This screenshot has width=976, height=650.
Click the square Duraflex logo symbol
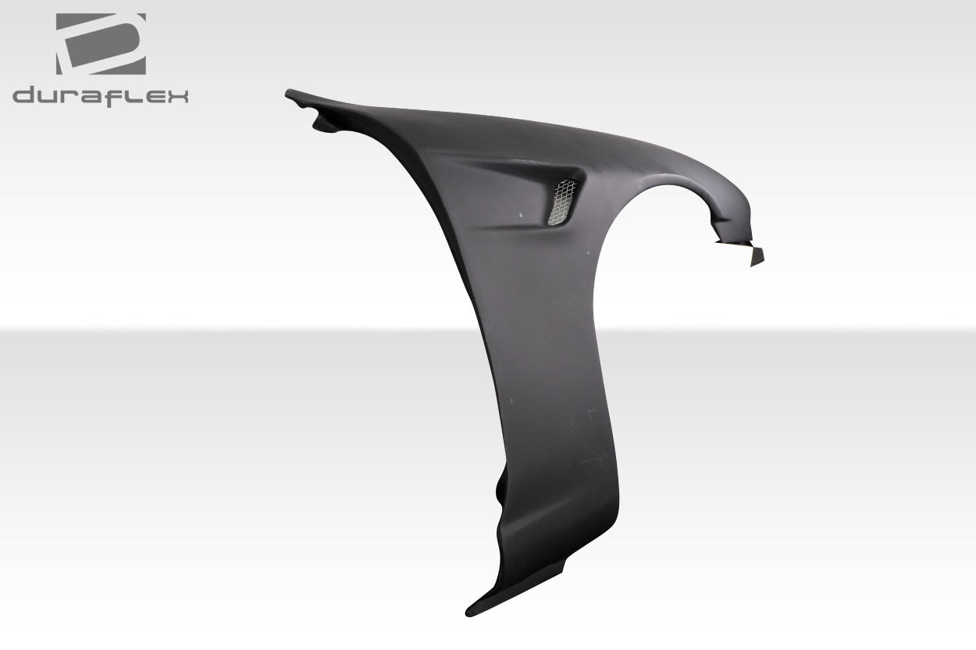[x=101, y=44]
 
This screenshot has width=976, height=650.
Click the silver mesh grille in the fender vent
[x=561, y=202]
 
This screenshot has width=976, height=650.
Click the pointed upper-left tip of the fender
[x=290, y=94]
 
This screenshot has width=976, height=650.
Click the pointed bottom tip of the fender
[x=470, y=610]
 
